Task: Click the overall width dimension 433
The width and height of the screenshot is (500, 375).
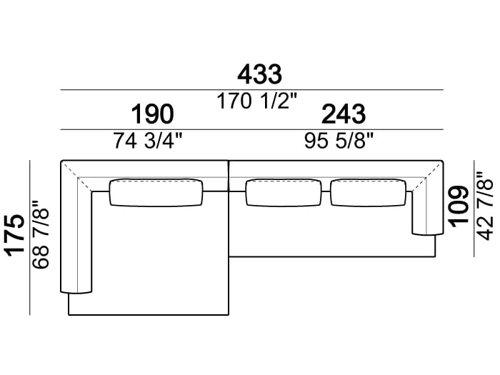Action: pyautogui.click(x=259, y=74)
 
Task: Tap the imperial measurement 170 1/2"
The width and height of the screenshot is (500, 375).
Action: pyautogui.click(x=256, y=101)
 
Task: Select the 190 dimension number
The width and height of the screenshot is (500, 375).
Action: pyautogui.click(x=152, y=114)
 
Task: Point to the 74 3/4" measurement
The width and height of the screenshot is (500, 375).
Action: pyautogui.click(x=148, y=141)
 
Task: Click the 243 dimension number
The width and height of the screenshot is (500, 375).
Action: pyautogui.click(x=344, y=114)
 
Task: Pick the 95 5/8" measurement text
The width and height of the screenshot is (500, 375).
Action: pyautogui.click(x=339, y=141)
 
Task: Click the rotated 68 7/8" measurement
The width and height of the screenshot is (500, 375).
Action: pyautogui.click(x=41, y=234)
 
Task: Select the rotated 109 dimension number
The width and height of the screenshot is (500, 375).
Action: pyautogui.click(x=458, y=206)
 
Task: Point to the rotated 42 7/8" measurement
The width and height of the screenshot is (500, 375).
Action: pyautogui.click(x=484, y=206)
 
